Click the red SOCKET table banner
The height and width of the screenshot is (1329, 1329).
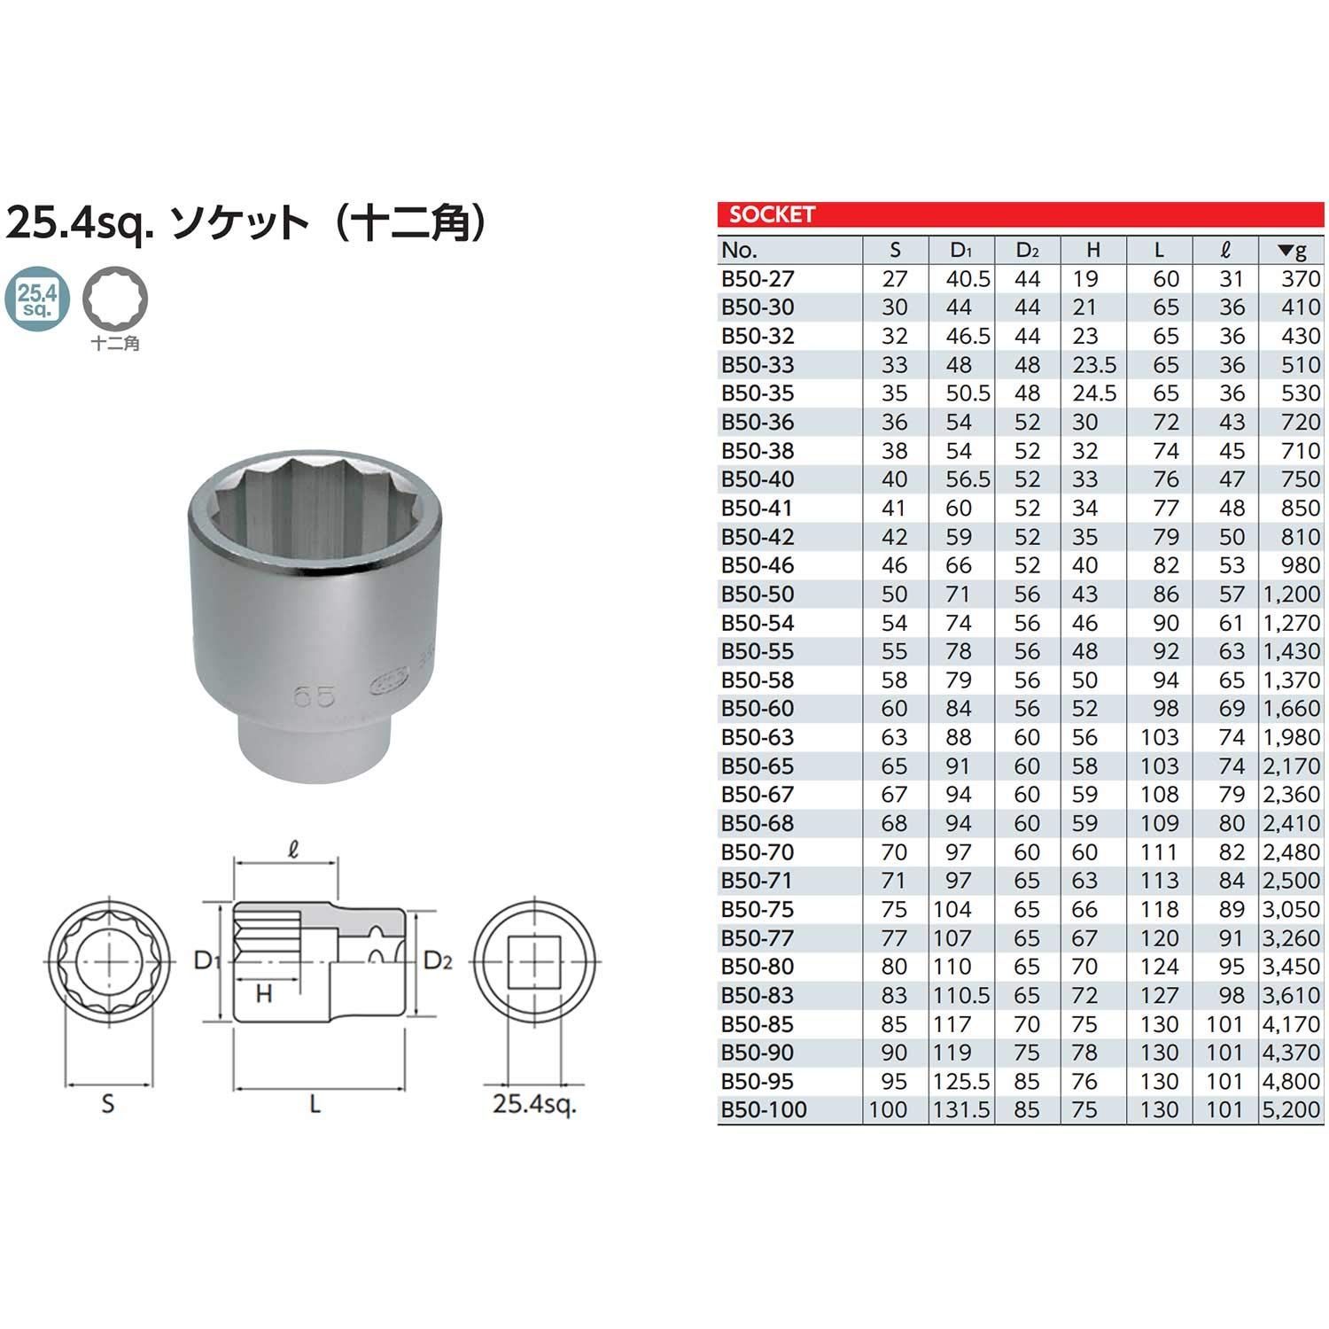point(1020,214)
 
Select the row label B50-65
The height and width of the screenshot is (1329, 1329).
point(758,766)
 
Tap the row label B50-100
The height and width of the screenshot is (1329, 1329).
point(764,1109)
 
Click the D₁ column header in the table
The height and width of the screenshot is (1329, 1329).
point(961,250)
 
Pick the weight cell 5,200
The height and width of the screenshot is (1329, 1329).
point(1291,1109)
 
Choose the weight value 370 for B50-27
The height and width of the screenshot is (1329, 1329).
point(1300,279)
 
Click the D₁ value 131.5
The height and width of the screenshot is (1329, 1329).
point(961,1109)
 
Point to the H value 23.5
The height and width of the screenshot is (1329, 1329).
point(1093,365)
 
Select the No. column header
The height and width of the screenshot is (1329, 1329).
point(740,250)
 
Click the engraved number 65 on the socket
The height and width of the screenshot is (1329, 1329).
point(314,696)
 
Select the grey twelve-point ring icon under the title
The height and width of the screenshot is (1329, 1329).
point(115,299)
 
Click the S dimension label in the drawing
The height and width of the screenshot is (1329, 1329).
point(107,1104)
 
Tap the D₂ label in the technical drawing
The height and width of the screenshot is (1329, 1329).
point(438,960)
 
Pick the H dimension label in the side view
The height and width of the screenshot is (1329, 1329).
point(263,994)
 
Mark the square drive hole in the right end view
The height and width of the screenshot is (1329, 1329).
point(535,961)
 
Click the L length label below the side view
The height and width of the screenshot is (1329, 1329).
point(315,1104)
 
